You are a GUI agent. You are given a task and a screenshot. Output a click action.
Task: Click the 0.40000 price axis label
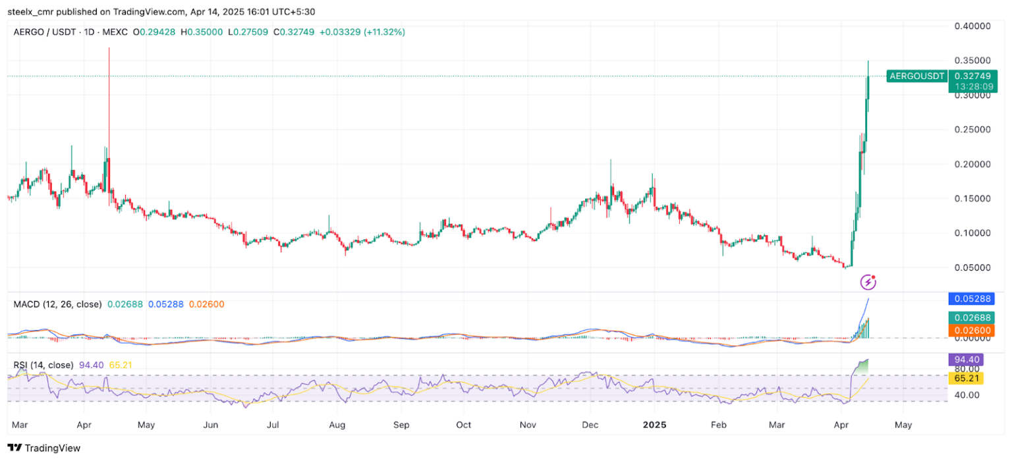(x=972, y=26)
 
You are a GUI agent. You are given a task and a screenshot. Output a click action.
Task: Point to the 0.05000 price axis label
(x=972, y=267)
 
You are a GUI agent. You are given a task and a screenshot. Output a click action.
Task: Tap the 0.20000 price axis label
(x=972, y=164)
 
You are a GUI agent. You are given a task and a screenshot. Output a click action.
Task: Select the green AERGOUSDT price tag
(x=916, y=76)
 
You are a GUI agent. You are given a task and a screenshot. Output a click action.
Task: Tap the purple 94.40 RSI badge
(x=965, y=360)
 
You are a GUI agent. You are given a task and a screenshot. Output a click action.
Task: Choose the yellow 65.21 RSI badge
(x=965, y=378)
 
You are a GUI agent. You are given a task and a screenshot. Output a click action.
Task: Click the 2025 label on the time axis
(x=655, y=425)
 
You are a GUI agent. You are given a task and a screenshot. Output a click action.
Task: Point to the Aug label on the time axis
(x=337, y=425)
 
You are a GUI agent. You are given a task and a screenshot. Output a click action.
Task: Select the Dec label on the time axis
(x=590, y=425)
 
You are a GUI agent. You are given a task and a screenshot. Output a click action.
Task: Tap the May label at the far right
(x=903, y=425)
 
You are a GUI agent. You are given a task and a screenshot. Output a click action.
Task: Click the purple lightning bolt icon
(x=868, y=283)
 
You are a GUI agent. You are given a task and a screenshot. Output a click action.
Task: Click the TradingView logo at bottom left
(x=43, y=448)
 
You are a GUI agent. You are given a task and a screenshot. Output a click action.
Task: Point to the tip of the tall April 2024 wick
(x=109, y=48)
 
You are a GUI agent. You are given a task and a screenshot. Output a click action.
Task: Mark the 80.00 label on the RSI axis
(x=967, y=369)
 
